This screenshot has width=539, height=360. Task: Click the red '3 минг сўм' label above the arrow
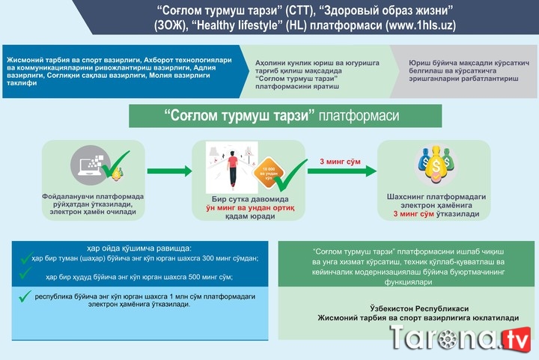click(341, 161)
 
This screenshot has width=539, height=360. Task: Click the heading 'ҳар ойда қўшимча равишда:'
click(133, 247)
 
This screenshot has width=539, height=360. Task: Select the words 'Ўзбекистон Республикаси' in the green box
click(409, 308)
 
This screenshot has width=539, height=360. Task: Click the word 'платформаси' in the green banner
click(359, 117)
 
